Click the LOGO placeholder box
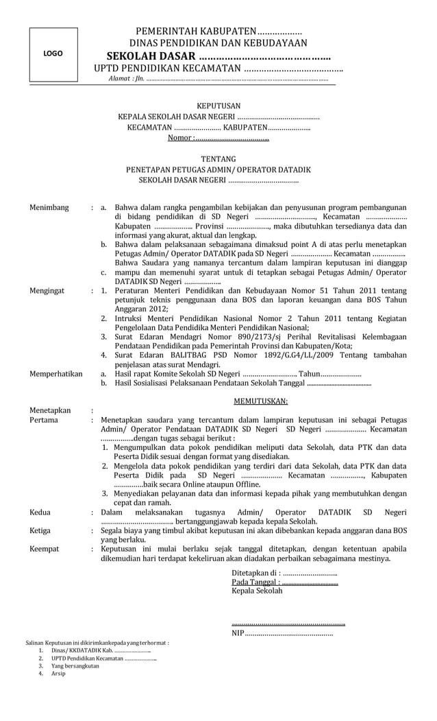[53, 54]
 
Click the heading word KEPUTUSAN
[218, 106]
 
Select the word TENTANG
[218, 159]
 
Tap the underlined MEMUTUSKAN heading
[261, 401]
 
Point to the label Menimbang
[49, 207]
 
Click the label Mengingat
[47, 291]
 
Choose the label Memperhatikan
[56, 374]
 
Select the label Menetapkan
[50, 410]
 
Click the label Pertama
[44, 420]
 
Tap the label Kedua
[40, 512]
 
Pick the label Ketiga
[41, 530]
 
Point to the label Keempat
[45, 549]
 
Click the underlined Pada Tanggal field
[285, 582]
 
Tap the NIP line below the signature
[282, 633]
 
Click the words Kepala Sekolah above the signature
[257, 591]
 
